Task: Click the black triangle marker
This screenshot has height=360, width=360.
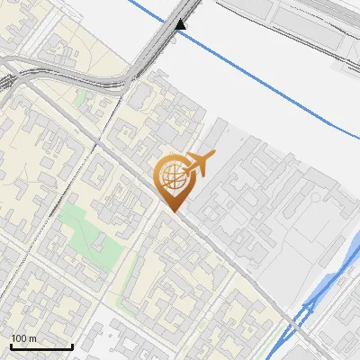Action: [x=182, y=23]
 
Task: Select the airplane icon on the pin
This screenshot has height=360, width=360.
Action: [x=200, y=165]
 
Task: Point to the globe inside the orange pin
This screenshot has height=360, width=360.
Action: [x=172, y=176]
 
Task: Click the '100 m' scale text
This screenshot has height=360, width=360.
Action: [x=23, y=337]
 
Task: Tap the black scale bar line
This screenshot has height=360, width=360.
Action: [x=41, y=346]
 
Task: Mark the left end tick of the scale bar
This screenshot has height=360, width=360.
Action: [x=11, y=345]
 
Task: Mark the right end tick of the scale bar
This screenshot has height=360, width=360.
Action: [x=72, y=345]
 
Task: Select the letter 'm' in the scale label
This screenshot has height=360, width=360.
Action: [x=32, y=337]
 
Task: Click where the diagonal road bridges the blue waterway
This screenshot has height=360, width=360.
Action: [x=302, y=315]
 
